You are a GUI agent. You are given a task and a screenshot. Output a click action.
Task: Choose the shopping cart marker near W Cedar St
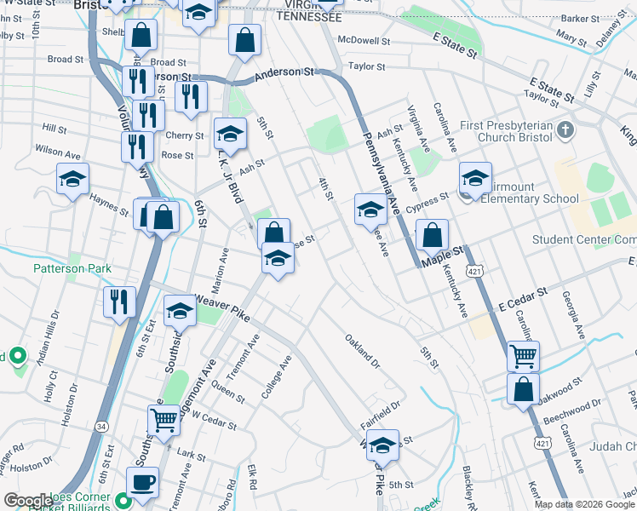[164, 418]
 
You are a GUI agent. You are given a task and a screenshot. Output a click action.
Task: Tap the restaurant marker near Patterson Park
[119, 301]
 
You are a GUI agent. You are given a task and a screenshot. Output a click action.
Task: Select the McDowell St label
[364, 40]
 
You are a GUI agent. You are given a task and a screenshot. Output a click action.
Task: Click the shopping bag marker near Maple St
[433, 234]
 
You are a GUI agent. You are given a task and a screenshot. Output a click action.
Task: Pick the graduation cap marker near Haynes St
[73, 180]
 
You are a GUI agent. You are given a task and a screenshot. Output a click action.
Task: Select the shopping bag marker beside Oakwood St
[523, 388]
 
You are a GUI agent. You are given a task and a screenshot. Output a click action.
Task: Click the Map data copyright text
[584, 504]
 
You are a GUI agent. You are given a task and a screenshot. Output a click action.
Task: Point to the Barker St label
[581, 18]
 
